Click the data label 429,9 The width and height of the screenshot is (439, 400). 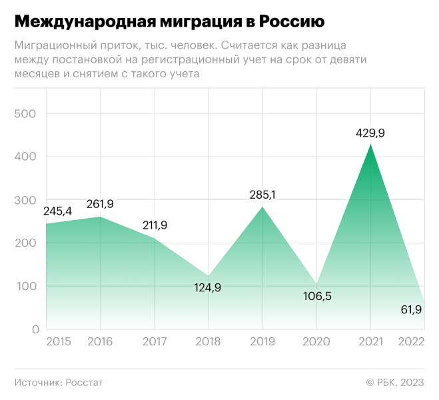(370, 133)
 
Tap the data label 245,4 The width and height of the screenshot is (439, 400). (58, 211)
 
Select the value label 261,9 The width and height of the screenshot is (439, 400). (100, 204)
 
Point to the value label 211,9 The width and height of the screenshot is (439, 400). (155, 225)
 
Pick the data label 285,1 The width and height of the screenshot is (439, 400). (262, 195)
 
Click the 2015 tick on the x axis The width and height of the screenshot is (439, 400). (58, 342)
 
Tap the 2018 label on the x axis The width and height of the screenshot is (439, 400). (209, 342)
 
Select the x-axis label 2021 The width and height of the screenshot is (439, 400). (370, 342)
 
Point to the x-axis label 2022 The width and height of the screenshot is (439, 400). (411, 342)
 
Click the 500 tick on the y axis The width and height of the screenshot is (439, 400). (25, 114)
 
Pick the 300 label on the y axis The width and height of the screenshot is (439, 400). (25, 201)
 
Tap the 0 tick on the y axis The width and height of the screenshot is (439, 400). (33, 330)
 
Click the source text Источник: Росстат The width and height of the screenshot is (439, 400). (59, 383)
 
